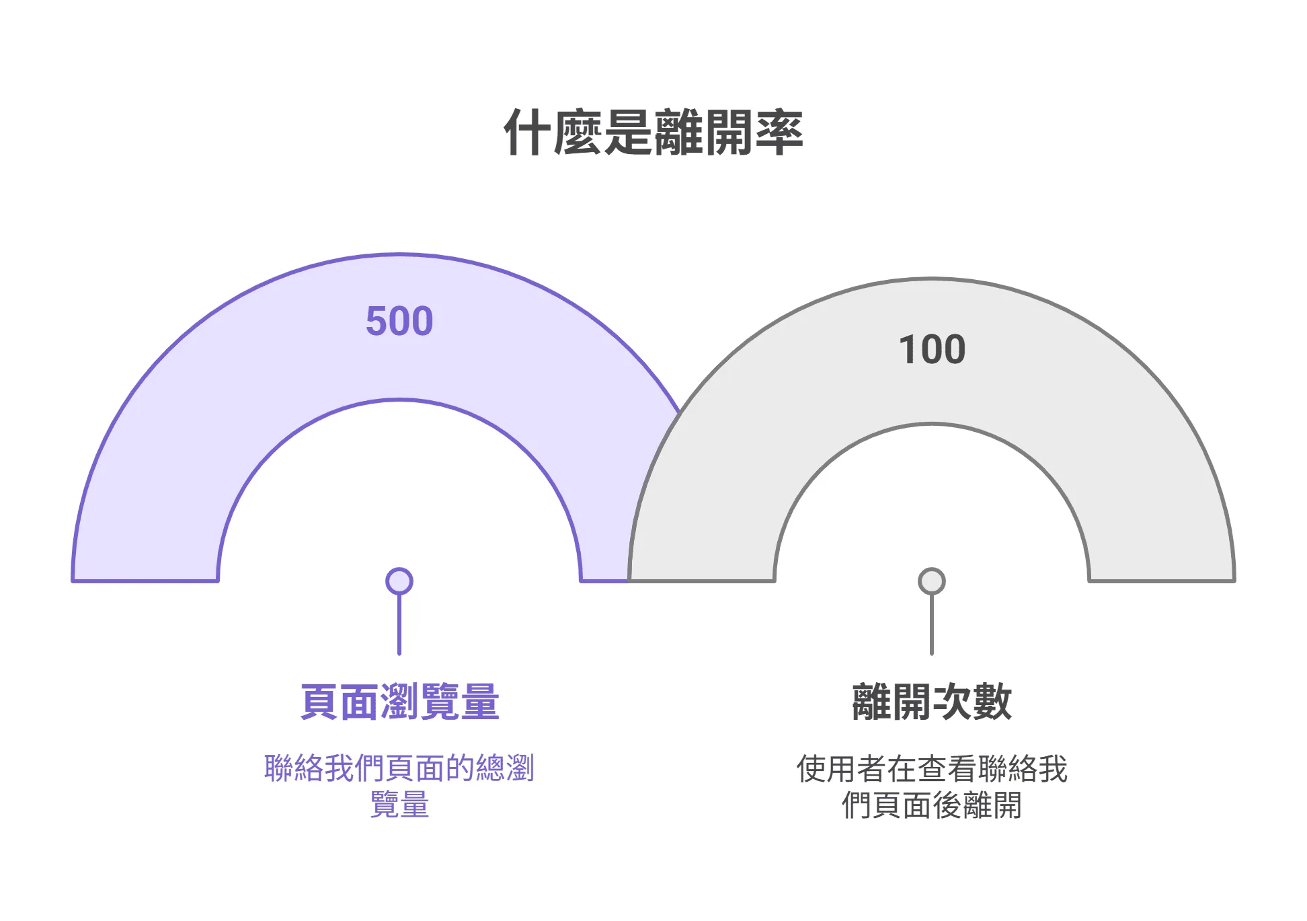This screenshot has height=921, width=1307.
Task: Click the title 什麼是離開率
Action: coord(653,133)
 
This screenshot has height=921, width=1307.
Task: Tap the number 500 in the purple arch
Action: coord(399,321)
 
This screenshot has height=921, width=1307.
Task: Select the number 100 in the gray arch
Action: coord(932,350)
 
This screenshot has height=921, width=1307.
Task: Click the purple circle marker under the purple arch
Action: coord(399,581)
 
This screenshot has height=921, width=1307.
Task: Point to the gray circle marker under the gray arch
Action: coord(932,581)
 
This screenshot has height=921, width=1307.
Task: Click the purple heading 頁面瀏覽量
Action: coord(399,702)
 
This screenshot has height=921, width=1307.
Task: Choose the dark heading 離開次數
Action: coord(932,702)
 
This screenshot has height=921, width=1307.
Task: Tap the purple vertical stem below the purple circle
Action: coord(399,626)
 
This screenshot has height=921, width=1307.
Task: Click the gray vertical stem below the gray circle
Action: coord(932,626)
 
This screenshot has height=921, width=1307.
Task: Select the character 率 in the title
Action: coord(779,133)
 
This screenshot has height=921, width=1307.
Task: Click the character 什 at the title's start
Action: coord(528,133)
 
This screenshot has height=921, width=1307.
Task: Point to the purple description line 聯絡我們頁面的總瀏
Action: coord(399,768)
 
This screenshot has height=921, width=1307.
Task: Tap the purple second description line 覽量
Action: coord(399,805)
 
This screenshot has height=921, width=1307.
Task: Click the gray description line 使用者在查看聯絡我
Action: coord(932,768)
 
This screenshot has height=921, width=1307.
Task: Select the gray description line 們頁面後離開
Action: coord(932,805)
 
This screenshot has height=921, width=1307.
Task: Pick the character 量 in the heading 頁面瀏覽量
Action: coord(480,702)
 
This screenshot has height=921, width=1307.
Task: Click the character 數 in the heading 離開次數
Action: coord(992,702)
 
